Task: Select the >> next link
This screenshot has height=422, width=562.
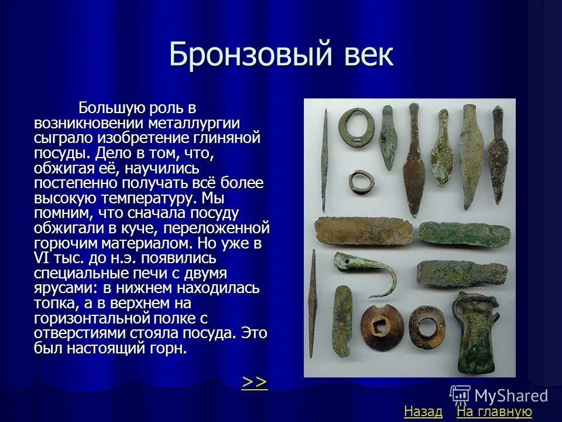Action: pyautogui.click(x=255, y=382)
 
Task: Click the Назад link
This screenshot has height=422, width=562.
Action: pyautogui.click(x=423, y=412)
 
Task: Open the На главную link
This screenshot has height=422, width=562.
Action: pyautogui.click(x=494, y=412)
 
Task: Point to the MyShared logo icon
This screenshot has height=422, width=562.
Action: pyautogui.click(x=460, y=395)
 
